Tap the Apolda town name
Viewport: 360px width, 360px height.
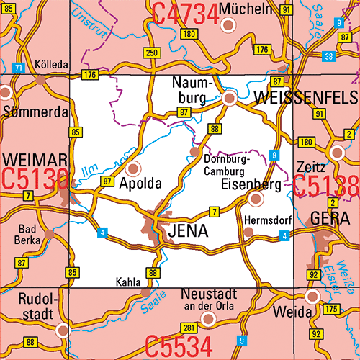[x=148, y=184]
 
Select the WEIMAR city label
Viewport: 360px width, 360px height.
[x=35, y=158]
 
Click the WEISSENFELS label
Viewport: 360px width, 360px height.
[x=295, y=96]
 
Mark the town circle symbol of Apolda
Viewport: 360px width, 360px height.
[x=133, y=169]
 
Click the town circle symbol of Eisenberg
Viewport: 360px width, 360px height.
[x=255, y=198]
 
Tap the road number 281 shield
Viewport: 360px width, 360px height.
[x=189, y=329]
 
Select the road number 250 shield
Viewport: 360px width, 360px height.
[x=151, y=53]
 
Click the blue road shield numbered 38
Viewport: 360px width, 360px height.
[x=328, y=56]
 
